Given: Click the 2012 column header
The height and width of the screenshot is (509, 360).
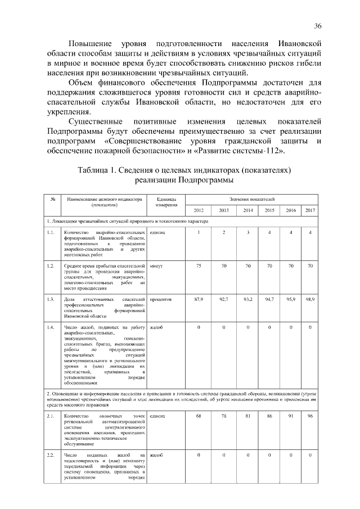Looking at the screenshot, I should pos(199,210).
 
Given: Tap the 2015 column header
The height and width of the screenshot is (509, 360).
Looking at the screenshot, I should pos(269,210).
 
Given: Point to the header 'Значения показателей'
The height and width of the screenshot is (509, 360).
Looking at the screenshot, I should pos(251,199).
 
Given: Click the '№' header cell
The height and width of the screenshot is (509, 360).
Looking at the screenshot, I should pos(52,199).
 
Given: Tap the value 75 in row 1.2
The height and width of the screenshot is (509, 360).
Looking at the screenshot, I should pos(199,265).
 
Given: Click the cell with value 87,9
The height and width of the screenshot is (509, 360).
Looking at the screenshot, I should pos(199,300).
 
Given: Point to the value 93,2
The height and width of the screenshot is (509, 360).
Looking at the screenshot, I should pos(247,300).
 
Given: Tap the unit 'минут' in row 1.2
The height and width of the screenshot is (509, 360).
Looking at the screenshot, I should pos(157,265).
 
